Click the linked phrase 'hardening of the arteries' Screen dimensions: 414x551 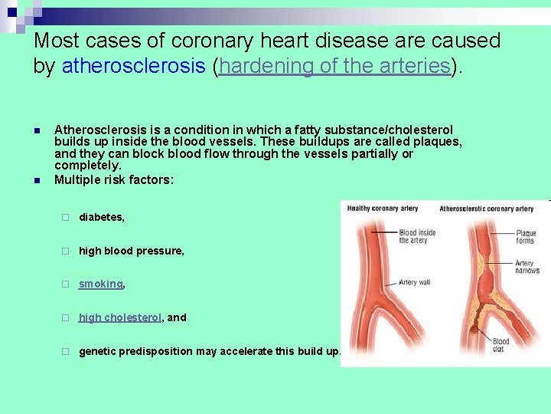point(334,66)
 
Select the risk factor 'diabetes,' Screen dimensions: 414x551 point(101,217)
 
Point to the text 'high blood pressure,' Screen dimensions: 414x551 point(131,251)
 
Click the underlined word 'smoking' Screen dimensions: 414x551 point(100,284)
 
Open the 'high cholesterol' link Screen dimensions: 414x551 point(119,317)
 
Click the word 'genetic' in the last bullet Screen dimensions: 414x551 point(97,351)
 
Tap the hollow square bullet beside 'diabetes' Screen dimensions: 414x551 point(66,218)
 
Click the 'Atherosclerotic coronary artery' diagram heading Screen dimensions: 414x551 point(486,209)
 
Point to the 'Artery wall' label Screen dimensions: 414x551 point(415,282)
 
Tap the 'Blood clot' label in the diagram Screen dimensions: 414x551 point(500,346)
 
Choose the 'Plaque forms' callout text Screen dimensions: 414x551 point(526,237)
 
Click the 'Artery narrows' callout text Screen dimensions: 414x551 point(527,266)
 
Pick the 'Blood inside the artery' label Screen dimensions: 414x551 point(417,236)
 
